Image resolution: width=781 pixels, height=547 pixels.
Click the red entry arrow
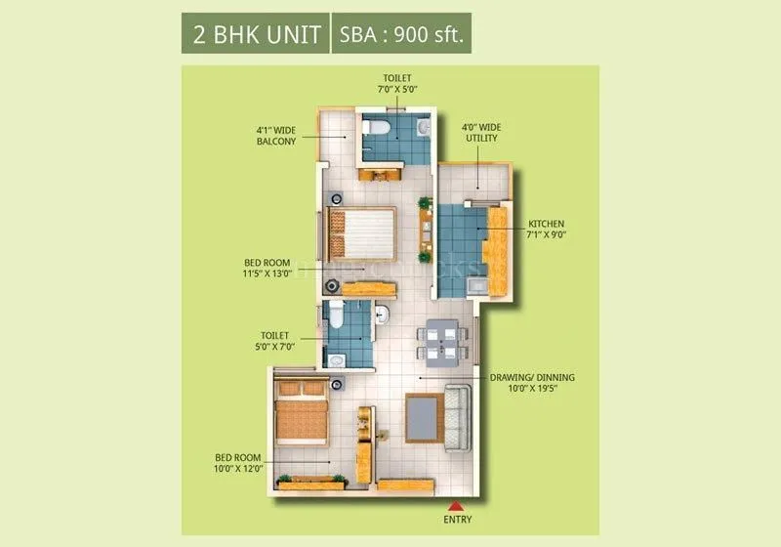[x=455, y=505]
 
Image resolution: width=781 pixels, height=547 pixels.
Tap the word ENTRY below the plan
[x=456, y=521]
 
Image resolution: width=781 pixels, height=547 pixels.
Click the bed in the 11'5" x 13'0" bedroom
[x=360, y=234]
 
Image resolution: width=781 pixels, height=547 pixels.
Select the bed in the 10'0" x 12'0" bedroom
[x=301, y=411]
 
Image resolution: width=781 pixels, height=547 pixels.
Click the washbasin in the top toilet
[x=422, y=127]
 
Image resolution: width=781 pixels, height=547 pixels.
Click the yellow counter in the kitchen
[x=496, y=249]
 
